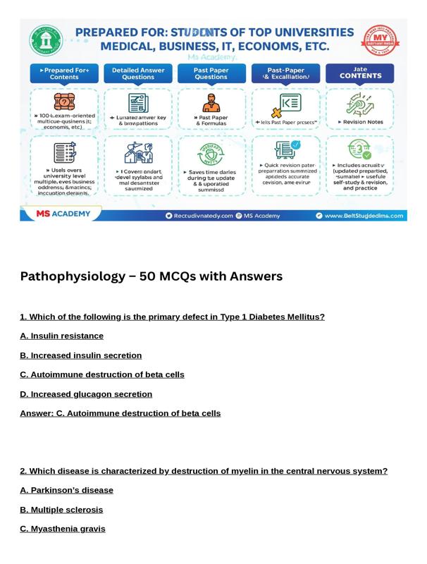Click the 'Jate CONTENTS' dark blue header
coord(359,73)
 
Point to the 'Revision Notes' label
coord(361,122)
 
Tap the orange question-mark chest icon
coord(64,102)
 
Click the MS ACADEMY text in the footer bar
coord(63,214)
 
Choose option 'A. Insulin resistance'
coord(62,336)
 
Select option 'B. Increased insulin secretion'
coord(81,355)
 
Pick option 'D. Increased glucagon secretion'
coord(86,394)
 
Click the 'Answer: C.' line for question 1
coord(120,413)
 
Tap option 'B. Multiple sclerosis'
coord(61,510)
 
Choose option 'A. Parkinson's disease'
coord(66,490)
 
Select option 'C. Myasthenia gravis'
coord(63,529)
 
